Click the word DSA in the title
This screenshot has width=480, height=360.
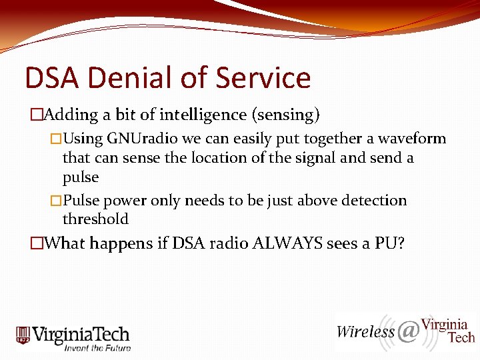point(51,78)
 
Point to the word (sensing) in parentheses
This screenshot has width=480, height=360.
point(285,115)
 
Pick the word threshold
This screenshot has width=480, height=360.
point(95,219)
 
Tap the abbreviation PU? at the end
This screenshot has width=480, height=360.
point(389,243)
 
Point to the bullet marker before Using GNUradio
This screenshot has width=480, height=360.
point(56,139)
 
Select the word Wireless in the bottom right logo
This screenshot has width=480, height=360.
point(365,331)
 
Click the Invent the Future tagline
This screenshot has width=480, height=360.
point(97,347)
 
